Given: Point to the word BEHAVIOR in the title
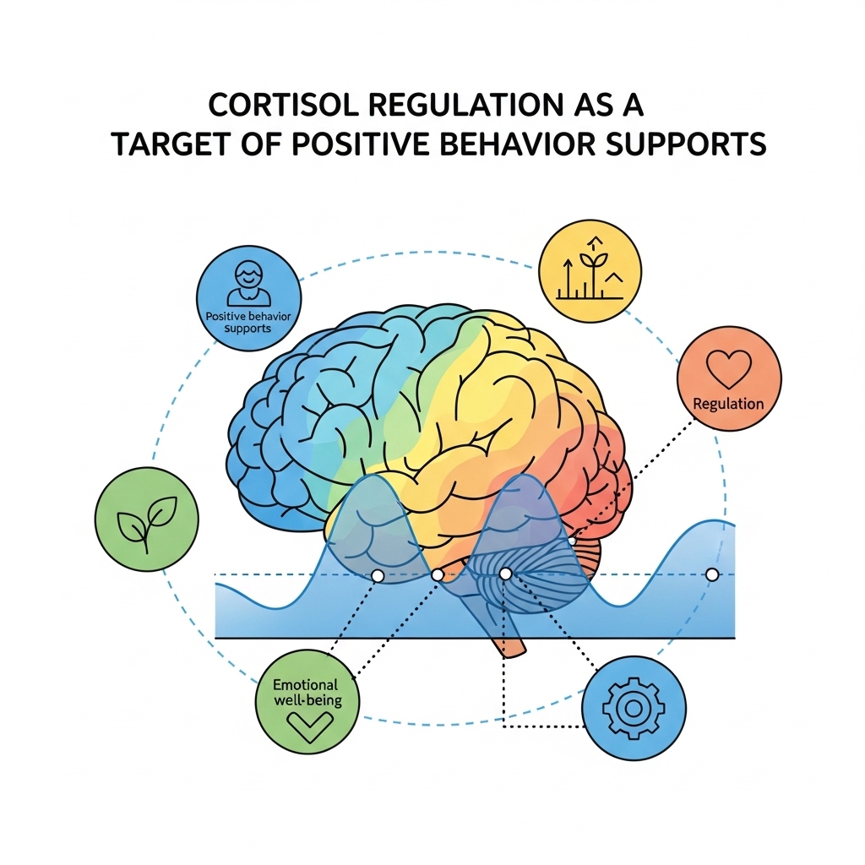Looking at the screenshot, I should [x=514, y=144].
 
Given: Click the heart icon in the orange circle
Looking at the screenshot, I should [x=728, y=370].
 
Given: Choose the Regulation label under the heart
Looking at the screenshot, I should [x=728, y=404].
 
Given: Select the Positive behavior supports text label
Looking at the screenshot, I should [x=248, y=321].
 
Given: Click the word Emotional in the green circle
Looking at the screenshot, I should [x=305, y=685].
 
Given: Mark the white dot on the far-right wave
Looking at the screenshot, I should [x=711, y=574].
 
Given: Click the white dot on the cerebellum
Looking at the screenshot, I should [x=505, y=574].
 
